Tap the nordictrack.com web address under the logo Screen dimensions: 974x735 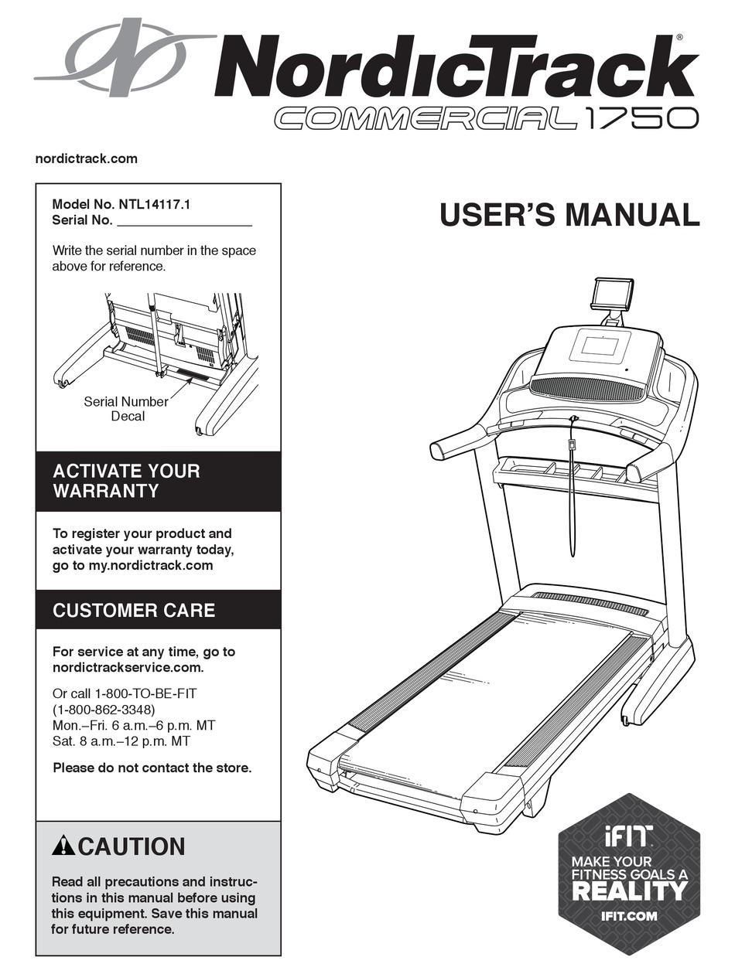click(87, 158)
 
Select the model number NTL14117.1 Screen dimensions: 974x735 click(154, 206)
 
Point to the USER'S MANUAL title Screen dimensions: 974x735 click(569, 214)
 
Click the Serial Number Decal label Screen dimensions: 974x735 click(126, 409)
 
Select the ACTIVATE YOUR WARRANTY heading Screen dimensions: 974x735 click(126, 481)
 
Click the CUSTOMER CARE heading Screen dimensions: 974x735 click(134, 610)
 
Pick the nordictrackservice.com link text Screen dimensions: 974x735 click(128, 668)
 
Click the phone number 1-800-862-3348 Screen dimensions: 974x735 click(104, 709)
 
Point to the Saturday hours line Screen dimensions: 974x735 click(121, 741)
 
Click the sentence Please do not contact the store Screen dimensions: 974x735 click(152, 768)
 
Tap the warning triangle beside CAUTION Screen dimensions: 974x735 click(63, 846)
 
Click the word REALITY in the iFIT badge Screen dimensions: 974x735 click(629, 890)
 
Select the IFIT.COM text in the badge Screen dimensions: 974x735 click(629, 916)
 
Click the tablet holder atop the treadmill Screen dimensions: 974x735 click(613, 293)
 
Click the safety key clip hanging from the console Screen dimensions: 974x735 click(573, 445)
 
